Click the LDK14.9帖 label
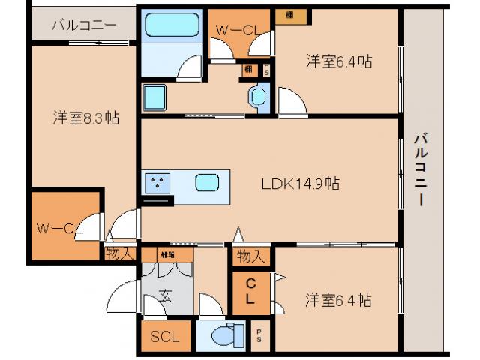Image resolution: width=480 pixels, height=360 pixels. coord(300,183)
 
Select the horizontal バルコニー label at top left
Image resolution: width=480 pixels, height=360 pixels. coord(83,25)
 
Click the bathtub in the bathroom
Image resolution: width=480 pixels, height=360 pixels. coord(172,26)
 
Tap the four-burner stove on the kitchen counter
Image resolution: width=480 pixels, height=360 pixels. coord(157,182)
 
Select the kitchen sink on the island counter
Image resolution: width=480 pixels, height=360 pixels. coord(207,182)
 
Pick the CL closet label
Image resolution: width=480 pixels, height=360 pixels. coord(250,289)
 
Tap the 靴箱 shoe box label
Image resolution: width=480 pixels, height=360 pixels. coord(166,254)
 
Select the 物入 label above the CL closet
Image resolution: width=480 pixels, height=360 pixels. coord(250,256)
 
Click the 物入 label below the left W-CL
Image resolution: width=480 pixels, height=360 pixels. coord(119,253)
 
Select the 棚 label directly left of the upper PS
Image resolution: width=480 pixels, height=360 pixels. coord(247,70)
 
